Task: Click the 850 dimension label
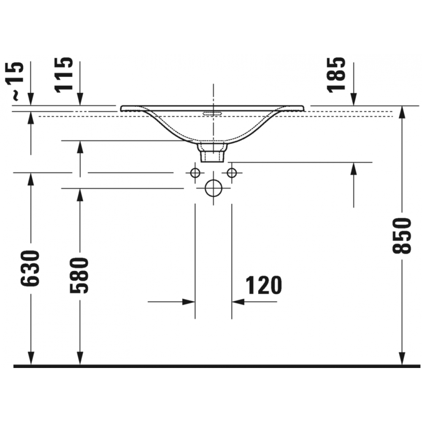tap(402, 236)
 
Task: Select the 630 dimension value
tap(30, 268)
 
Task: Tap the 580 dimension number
tap(79, 275)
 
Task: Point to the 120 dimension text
tap(264, 285)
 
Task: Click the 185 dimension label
tap(336, 75)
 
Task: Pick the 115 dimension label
tap(64, 75)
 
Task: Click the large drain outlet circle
tap(214, 188)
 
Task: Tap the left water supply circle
tap(195, 173)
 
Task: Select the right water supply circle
tap(232, 173)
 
